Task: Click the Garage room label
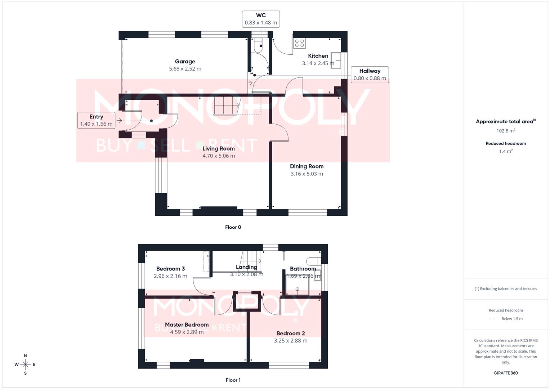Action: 185,61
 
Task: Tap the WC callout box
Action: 261,19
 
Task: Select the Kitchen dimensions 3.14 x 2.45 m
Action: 318,63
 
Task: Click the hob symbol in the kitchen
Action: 300,43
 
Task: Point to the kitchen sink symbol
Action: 336,61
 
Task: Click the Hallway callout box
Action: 370,75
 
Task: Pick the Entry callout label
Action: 96,120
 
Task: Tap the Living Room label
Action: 219,148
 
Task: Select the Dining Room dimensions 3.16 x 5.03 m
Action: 307,174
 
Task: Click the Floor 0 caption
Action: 233,227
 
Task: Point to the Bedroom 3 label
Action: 170,269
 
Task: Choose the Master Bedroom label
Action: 187,325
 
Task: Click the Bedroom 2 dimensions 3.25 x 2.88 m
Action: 291,341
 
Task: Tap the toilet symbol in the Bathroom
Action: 314,261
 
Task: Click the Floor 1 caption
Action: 233,380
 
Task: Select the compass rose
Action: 25,365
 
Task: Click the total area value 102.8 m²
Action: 506,131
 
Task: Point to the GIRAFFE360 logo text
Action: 506,373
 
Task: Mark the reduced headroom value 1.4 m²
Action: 506,151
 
